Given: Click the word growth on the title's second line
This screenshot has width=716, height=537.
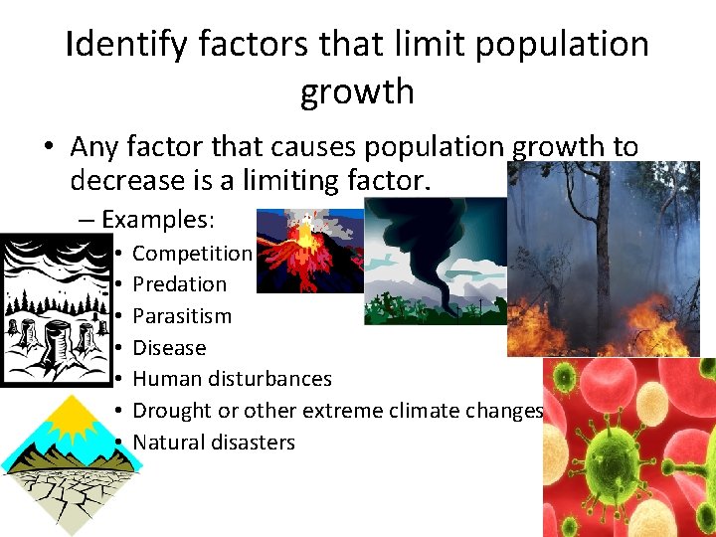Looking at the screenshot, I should click(357, 91).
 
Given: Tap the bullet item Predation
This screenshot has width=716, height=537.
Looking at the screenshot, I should click(180, 284).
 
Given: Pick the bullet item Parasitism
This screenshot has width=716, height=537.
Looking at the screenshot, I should click(182, 316).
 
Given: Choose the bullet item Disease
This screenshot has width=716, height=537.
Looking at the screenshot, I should click(169, 348).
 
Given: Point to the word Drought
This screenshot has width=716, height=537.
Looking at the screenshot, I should click(171, 411).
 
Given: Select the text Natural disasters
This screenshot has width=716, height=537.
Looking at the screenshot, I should click(214, 443).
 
